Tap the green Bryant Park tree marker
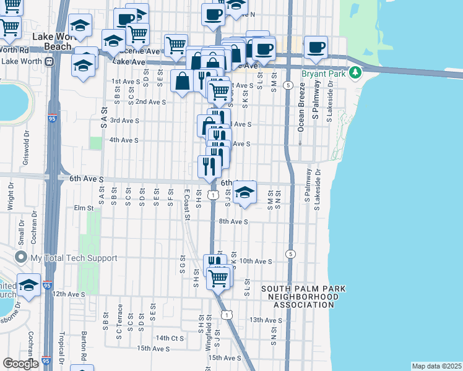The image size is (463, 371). click(x=355, y=73)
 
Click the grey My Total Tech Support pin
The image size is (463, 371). click(x=22, y=257)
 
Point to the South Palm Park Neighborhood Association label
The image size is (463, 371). click(x=303, y=297)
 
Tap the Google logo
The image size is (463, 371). click(x=20, y=364)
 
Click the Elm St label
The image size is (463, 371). click(x=82, y=208)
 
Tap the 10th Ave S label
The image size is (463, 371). click(x=256, y=262)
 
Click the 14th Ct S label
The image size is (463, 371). click(x=170, y=338)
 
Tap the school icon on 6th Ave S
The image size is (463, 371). click(x=245, y=192)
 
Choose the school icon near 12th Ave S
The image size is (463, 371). click(x=28, y=284)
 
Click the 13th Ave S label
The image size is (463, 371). click(x=266, y=320)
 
